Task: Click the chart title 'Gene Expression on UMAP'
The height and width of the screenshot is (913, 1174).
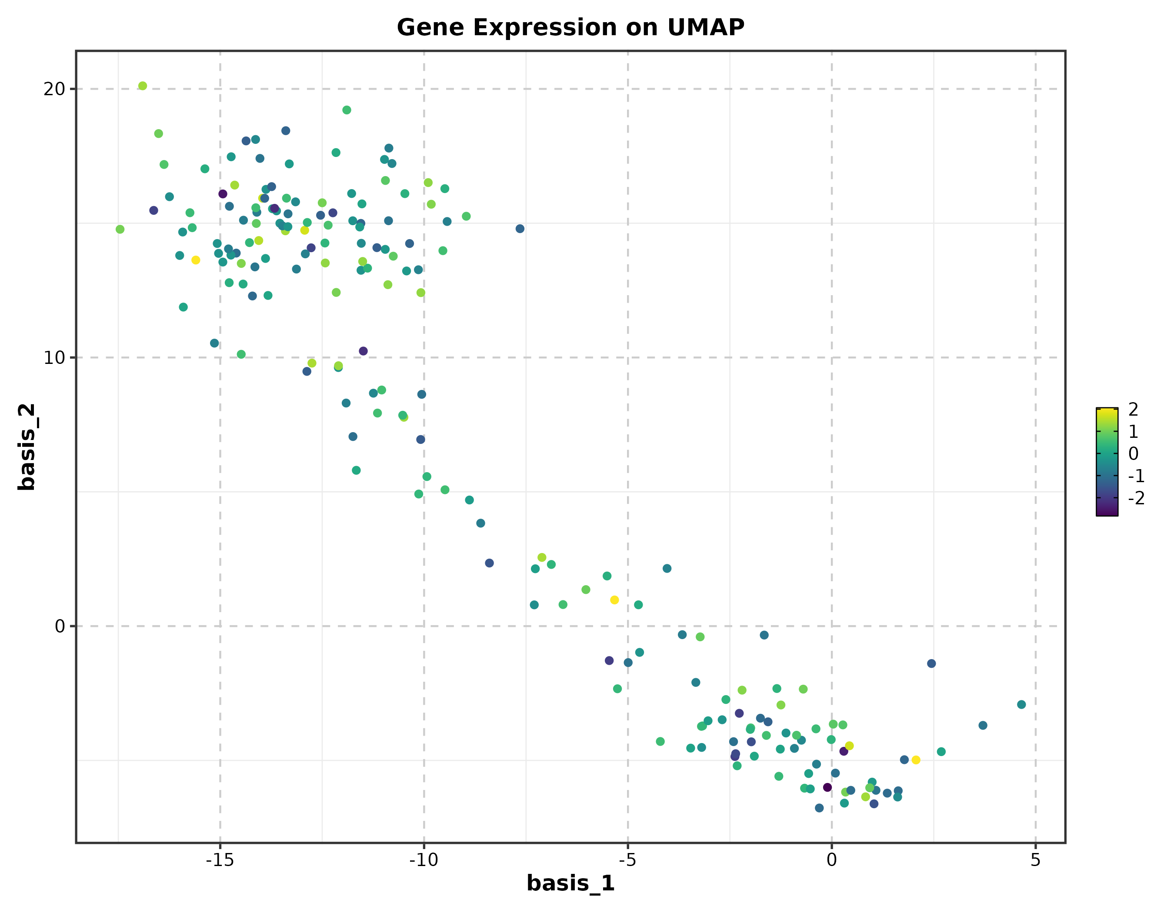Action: (x=570, y=27)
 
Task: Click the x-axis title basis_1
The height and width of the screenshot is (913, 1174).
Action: (x=570, y=883)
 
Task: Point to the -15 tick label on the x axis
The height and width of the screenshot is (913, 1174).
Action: (x=219, y=860)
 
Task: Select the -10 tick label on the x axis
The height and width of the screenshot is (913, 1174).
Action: (x=424, y=860)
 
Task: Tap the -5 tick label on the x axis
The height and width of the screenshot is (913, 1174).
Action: (x=627, y=860)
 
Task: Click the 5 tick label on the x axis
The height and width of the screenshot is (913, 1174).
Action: (x=1035, y=860)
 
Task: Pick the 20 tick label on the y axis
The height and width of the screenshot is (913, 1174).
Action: (x=54, y=89)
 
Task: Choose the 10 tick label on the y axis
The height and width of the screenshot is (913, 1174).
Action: (x=54, y=357)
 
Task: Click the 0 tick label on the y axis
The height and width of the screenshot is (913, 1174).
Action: (x=60, y=626)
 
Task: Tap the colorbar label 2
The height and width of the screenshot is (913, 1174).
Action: (x=1133, y=410)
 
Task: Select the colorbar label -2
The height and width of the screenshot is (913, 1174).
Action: (x=1136, y=498)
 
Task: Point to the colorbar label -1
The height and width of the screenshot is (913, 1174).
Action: (x=1136, y=476)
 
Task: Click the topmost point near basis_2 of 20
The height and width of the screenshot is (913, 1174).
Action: (x=143, y=86)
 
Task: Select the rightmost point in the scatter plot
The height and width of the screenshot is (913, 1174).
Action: (x=1021, y=704)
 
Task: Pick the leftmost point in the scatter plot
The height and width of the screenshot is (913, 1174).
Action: (x=120, y=230)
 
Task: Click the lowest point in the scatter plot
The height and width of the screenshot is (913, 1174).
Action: (x=819, y=808)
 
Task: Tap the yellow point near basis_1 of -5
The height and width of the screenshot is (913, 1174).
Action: (x=614, y=600)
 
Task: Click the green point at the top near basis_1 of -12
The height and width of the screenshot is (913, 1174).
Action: (x=347, y=110)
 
